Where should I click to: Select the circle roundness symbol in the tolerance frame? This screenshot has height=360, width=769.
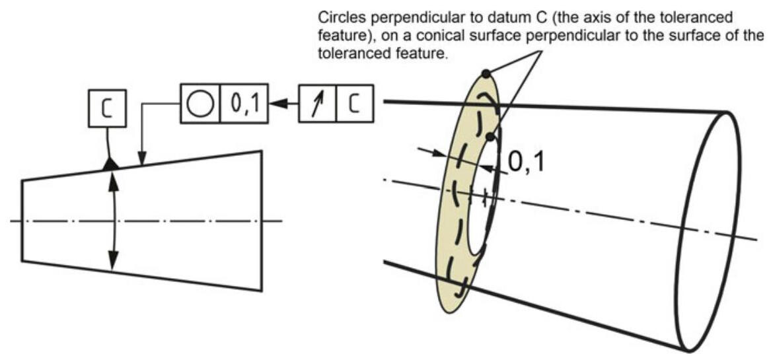pyautogui.click(x=200, y=104)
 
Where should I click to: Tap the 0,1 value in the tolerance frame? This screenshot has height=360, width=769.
pyautogui.click(x=239, y=104)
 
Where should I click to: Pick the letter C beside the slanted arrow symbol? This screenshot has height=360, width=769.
pyautogui.click(x=355, y=104)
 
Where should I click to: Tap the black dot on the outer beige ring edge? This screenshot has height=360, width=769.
pyautogui.click(x=486, y=73)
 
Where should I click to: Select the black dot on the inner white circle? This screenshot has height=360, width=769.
pyautogui.click(x=490, y=136)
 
